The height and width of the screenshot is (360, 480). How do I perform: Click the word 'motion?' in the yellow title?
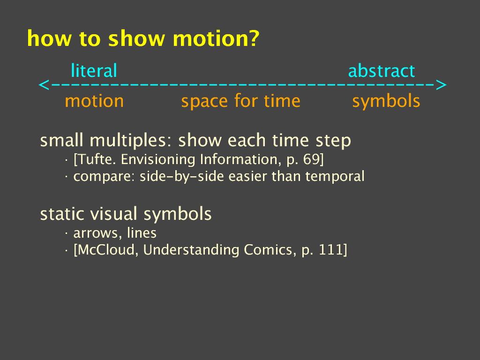[216, 38]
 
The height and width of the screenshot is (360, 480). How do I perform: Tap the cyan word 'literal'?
[94, 71]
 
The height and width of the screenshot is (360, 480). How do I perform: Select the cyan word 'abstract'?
[382, 71]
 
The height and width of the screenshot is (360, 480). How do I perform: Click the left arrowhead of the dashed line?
[44, 85]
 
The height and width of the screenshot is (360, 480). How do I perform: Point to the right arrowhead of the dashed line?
[441, 85]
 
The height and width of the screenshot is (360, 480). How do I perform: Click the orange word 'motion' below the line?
[94, 101]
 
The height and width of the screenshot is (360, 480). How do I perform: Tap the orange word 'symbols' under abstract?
[386, 102]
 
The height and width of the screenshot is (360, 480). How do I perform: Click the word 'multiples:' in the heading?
[131, 141]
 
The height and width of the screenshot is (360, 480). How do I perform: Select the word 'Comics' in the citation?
[268, 250]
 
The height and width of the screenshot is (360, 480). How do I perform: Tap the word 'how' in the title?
[49, 38]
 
